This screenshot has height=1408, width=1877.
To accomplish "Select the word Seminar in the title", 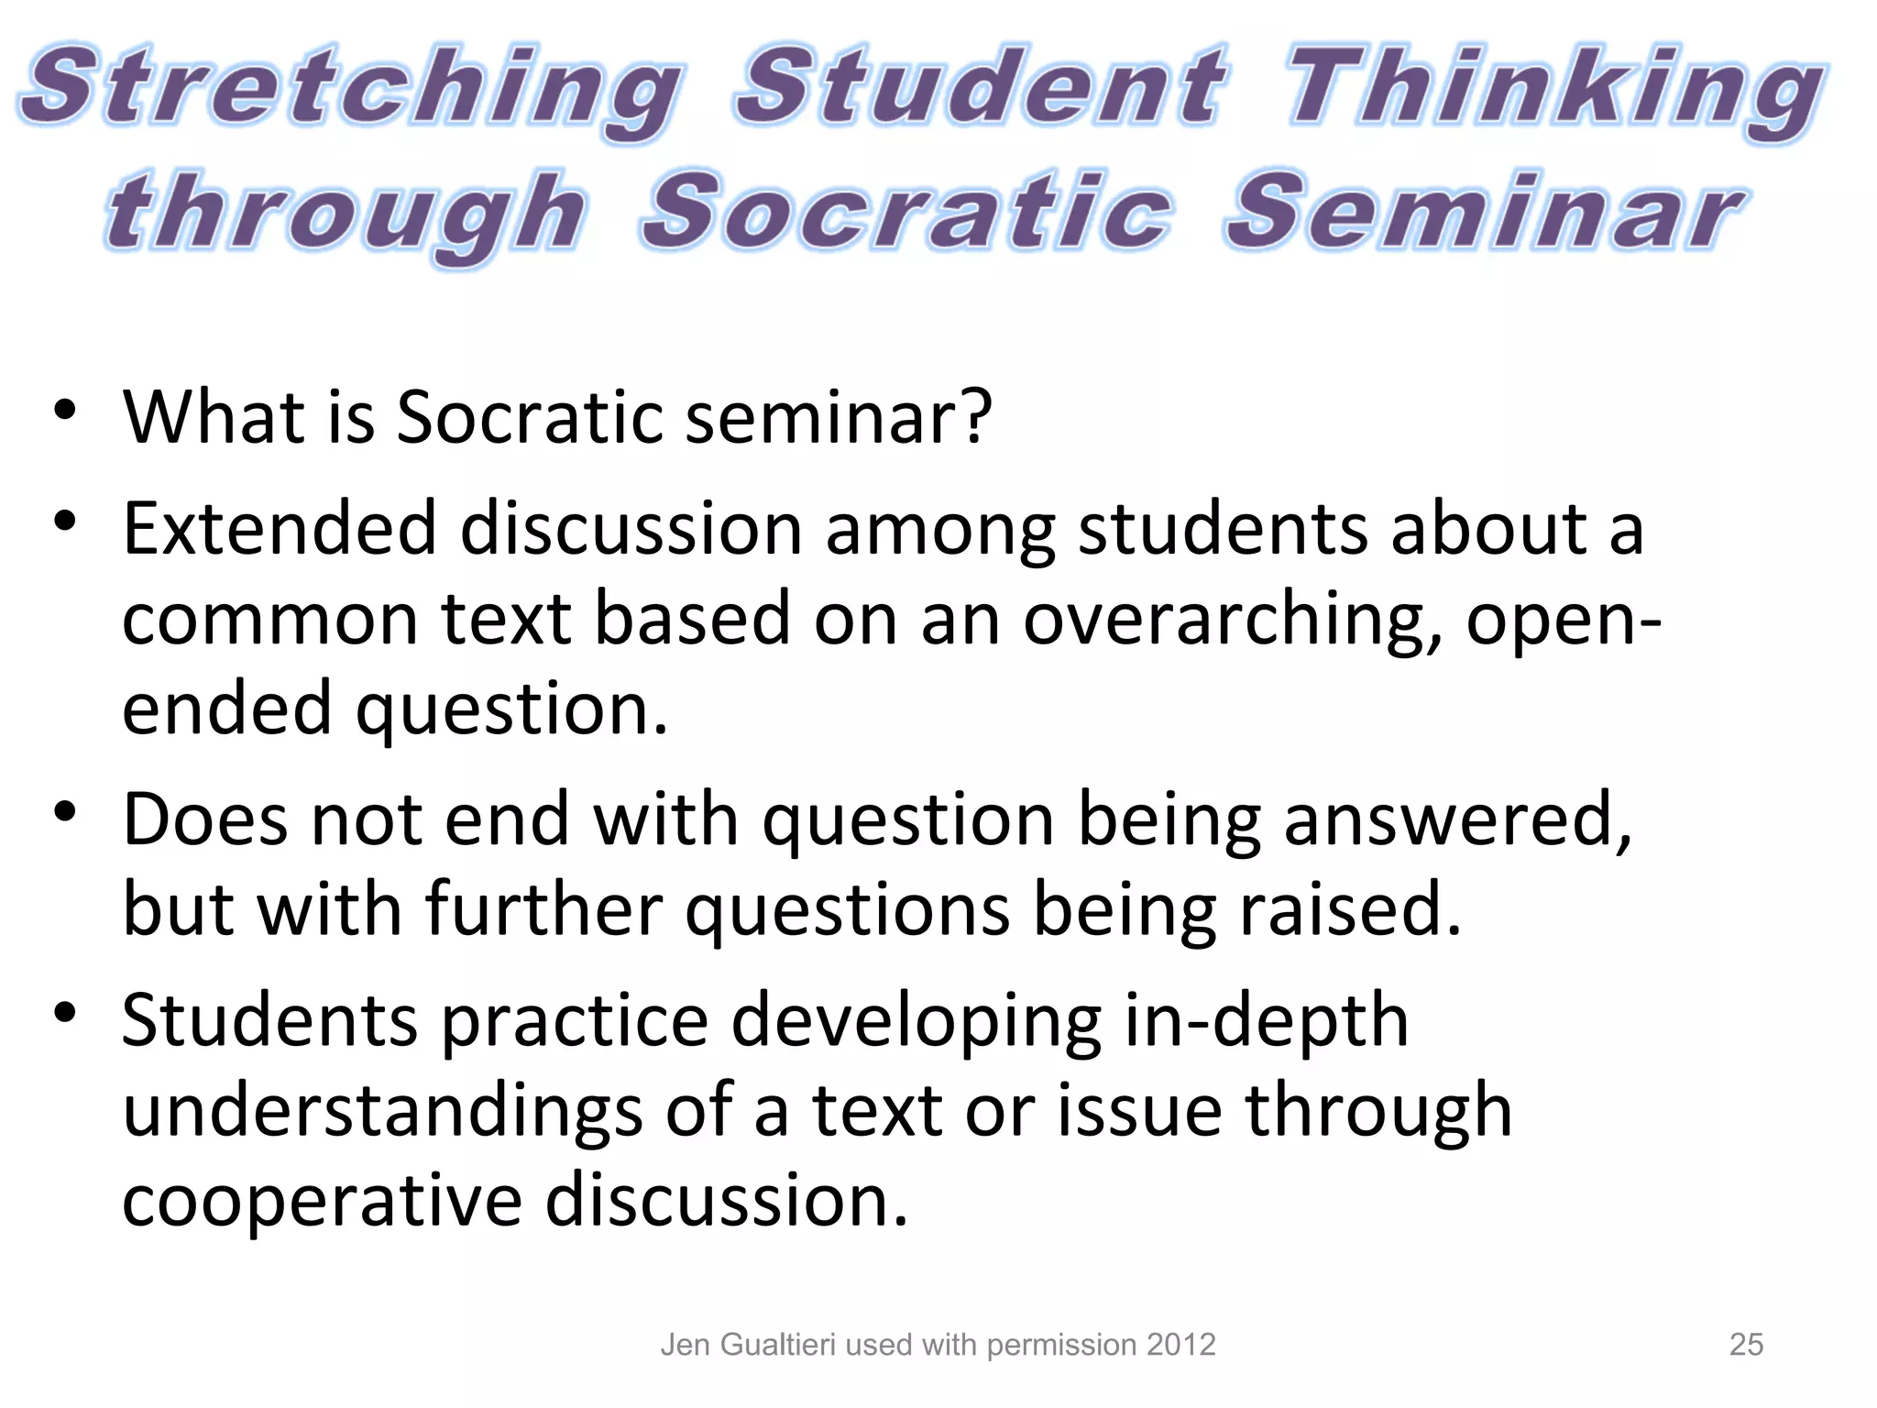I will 1485,213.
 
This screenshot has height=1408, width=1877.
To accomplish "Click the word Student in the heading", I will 979,86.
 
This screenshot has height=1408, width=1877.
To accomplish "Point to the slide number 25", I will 1746,1345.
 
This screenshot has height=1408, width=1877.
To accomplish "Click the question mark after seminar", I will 973,416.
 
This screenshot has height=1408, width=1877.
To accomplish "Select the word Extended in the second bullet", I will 280,529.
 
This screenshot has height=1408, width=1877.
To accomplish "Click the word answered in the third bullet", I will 1457,819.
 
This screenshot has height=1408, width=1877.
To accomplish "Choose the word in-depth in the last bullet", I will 1266,1020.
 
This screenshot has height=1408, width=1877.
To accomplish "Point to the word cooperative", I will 322,1200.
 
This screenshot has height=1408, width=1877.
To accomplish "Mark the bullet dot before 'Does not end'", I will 64,812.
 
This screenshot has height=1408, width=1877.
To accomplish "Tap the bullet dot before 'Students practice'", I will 64,1013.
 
